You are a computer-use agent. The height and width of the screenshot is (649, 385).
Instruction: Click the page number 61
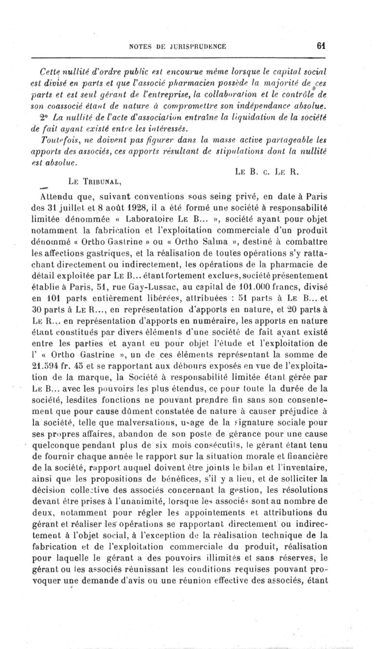(x=322, y=46)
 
